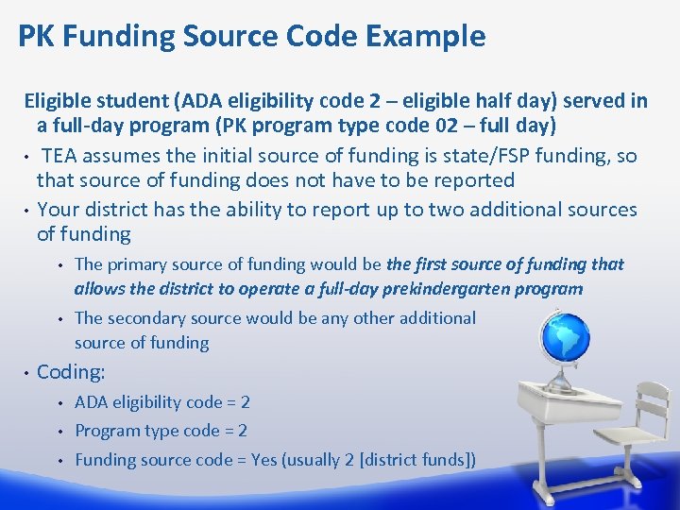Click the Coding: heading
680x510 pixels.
click(x=71, y=372)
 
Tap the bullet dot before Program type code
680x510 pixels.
click(x=58, y=432)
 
